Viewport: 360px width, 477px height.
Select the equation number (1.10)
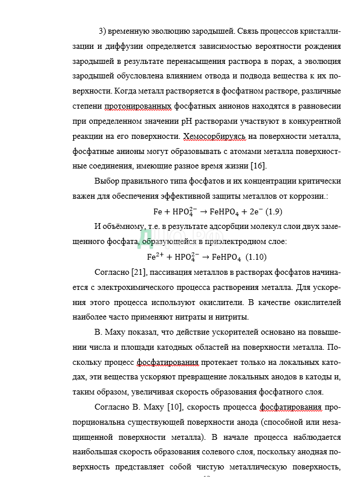click(255, 257)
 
